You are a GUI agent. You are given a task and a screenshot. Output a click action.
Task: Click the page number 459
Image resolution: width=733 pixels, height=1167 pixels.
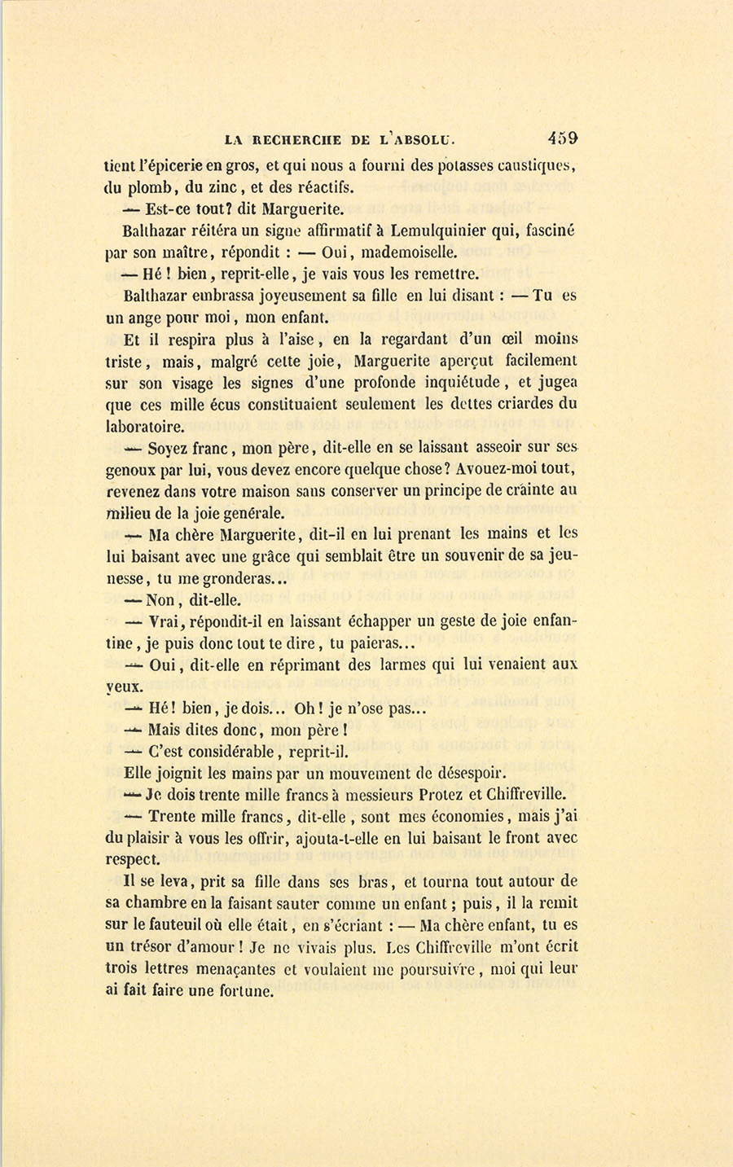[x=562, y=138]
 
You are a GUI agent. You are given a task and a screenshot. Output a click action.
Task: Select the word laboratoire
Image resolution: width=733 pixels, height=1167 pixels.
[x=144, y=426]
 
